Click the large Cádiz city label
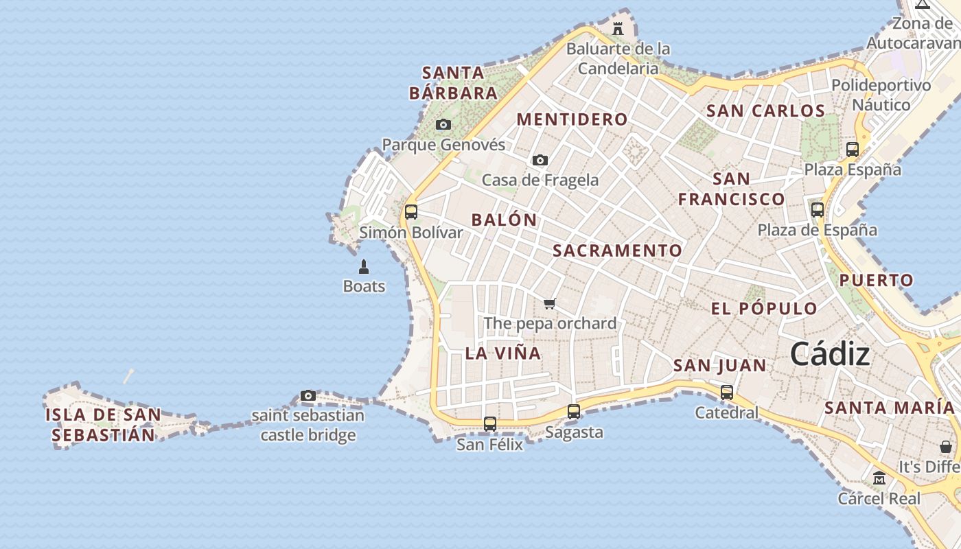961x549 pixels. (830, 354)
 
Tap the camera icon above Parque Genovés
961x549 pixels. (443, 124)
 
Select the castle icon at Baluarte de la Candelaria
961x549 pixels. (617, 29)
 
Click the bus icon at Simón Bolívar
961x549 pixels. (411, 211)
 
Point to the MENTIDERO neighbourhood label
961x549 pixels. (572, 119)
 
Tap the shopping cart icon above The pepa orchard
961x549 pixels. (549, 303)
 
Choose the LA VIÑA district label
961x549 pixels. (503, 353)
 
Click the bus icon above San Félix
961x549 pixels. (490, 423)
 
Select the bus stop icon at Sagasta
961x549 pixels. (574, 411)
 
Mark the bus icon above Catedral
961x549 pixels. (727, 392)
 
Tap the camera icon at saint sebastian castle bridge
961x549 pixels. (308, 395)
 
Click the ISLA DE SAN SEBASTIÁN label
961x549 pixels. (103, 425)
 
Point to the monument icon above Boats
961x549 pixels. (364, 266)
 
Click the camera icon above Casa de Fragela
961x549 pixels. (540, 160)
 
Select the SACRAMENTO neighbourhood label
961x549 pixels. (617, 250)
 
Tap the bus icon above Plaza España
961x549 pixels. (853, 149)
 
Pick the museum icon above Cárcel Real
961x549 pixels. (879, 478)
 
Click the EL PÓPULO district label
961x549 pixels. (764, 309)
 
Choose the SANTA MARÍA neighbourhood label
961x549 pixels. (889, 408)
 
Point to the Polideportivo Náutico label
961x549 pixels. (881, 95)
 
